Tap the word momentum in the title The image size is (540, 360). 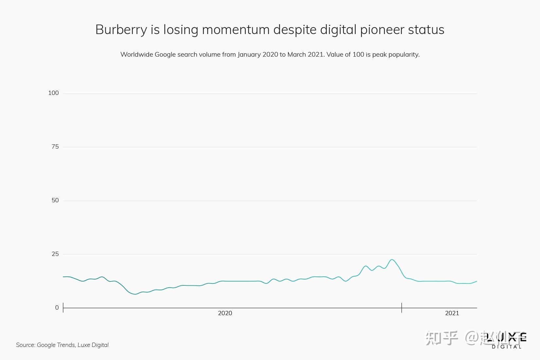pos(236,30)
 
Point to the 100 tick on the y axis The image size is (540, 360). pos(53,93)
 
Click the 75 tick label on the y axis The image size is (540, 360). pos(55,147)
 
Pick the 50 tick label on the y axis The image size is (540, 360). pos(55,200)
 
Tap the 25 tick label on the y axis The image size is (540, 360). pos(55,254)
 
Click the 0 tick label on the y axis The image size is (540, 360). pos(57,308)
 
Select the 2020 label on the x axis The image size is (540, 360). pos(225,313)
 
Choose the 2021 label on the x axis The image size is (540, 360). pos(452,313)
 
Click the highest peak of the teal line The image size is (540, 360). pos(392,260)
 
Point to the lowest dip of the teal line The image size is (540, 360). pos(135,294)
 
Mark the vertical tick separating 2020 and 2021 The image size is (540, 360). pos(402,308)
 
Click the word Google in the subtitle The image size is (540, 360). pos(165,54)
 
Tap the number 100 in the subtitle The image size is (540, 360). pos(358,54)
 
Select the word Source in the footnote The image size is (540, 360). pos(25,345)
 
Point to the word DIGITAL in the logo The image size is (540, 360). pos(506,347)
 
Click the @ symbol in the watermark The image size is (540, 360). pos(473,338)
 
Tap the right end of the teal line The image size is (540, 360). pos(477,281)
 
